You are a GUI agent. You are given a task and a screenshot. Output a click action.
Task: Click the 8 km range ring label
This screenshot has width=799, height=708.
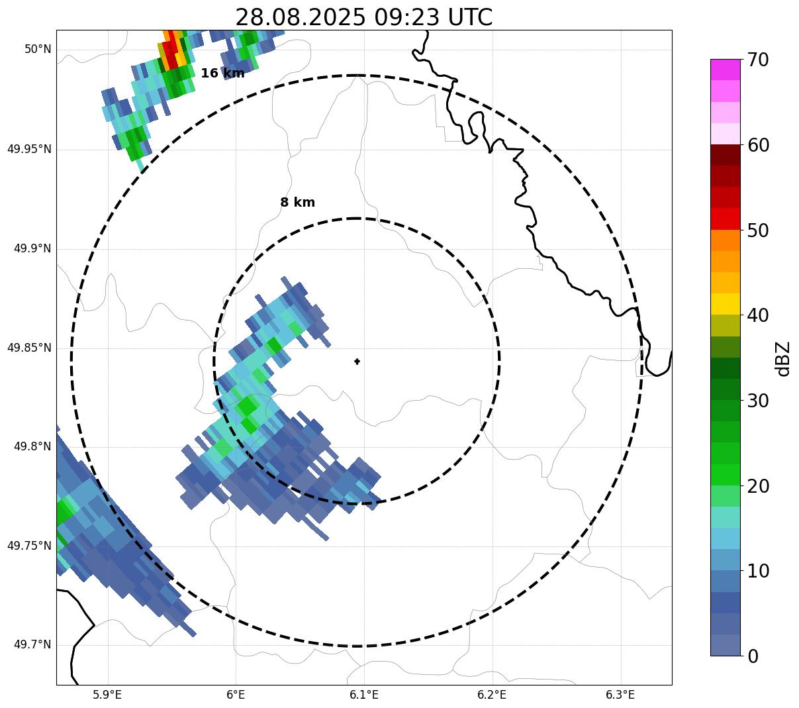[x=297, y=203]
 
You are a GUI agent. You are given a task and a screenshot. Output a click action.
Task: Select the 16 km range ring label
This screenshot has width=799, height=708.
[x=222, y=74]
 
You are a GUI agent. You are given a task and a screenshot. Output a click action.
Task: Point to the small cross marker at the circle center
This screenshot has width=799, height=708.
[x=357, y=362]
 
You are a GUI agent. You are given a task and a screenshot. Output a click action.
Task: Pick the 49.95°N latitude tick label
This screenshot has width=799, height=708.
[x=29, y=149]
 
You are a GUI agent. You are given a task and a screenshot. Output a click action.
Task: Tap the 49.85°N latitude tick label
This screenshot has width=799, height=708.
[x=29, y=348]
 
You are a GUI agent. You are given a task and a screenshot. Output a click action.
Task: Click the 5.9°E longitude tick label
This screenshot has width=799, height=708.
[x=107, y=695]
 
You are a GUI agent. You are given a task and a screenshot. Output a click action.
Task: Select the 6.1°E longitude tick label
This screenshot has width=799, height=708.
[x=364, y=695]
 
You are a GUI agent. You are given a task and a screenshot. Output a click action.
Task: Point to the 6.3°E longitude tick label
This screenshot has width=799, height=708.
[x=620, y=695]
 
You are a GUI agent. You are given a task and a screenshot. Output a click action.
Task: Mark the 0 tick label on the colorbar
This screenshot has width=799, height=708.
[x=753, y=656]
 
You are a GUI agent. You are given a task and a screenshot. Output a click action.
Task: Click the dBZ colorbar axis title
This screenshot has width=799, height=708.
[x=783, y=358]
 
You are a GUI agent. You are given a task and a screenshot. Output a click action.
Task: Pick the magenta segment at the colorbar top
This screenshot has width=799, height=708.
[x=725, y=70]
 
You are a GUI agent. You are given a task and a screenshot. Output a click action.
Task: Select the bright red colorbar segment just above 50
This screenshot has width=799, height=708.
[x=725, y=219]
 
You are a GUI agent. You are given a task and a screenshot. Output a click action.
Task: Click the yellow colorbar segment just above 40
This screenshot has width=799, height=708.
[x=725, y=304]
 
